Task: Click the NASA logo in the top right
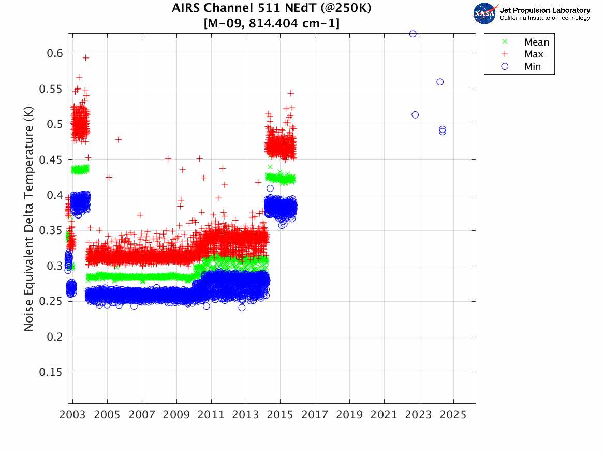coord(484,13)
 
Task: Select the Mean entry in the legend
coord(536,42)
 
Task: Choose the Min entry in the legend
coord(532,66)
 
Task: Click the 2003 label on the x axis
coord(72,415)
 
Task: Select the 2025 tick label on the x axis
coord(453,415)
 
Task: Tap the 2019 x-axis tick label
coord(349,415)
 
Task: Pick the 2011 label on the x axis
coord(211,415)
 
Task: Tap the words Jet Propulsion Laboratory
coord(544,10)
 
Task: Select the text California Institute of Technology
coord(544,18)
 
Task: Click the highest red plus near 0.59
coord(86,58)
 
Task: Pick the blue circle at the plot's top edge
coord(413,34)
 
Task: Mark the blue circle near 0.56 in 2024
coord(440,82)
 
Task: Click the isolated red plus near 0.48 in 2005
coord(118,139)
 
